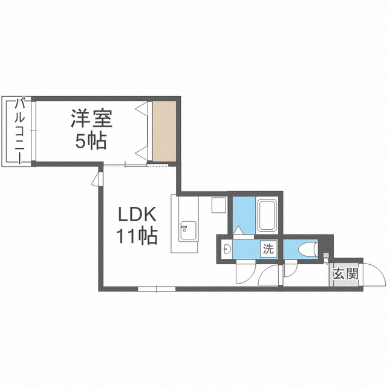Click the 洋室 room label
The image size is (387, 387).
(x=91, y=119)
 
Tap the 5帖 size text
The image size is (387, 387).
(x=91, y=141)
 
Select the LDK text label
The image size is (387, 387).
(x=137, y=214)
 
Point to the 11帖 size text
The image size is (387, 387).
(x=137, y=236)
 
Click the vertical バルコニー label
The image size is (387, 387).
(x=20, y=131)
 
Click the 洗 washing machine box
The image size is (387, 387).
(x=268, y=249)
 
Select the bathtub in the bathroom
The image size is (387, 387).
(x=267, y=215)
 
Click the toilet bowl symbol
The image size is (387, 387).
(x=308, y=249)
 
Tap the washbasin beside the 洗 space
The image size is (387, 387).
(x=227, y=249)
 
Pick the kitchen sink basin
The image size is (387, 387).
(x=188, y=230)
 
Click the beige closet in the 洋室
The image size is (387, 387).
(x=164, y=131)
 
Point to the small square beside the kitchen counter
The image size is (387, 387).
(x=219, y=205)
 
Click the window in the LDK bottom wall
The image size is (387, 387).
(x=157, y=289)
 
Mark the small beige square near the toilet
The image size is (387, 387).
(x=326, y=255)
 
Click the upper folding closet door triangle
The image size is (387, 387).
(x=143, y=108)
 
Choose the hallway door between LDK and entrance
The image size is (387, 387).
(x=269, y=276)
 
